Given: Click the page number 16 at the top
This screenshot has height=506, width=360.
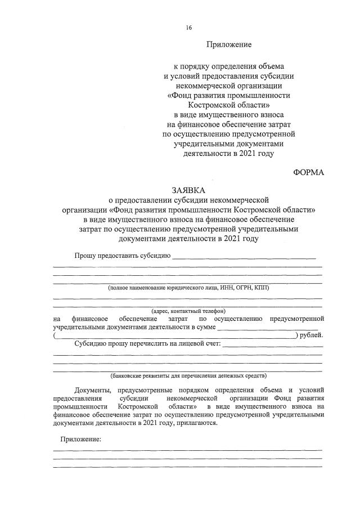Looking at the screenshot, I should point(189,26).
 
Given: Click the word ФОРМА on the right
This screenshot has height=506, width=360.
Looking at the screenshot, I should point(309,172).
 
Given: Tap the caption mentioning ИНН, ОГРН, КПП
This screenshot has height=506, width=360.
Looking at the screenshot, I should point(189,287).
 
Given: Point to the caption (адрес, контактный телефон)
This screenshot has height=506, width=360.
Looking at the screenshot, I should point(188,311).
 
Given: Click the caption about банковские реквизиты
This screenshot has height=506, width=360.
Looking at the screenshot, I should point(188,375).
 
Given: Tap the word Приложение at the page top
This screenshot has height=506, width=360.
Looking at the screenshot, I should point(228,43).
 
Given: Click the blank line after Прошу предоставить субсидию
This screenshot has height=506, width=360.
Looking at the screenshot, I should point(244,257).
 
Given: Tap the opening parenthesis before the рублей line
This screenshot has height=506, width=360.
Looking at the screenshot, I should point(55,335).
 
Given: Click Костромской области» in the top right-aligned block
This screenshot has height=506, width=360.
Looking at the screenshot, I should point(228,105).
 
